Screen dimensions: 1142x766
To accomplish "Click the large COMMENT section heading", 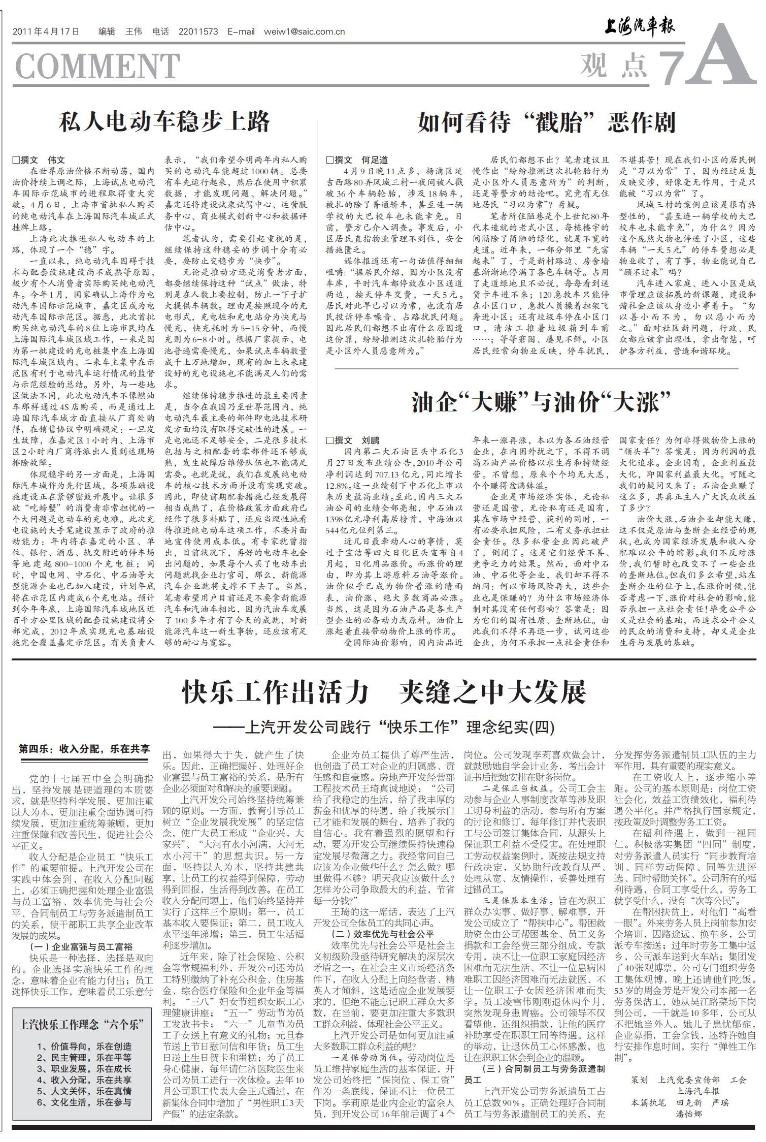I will pyautogui.click(x=97, y=66).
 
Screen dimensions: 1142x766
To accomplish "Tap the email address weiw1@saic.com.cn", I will pyautogui.click(x=304, y=31).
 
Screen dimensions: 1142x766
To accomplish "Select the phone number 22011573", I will pyautogui.click(x=198, y=31).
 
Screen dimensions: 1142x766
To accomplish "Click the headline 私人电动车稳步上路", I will pyautogui.click(x=164, y=122).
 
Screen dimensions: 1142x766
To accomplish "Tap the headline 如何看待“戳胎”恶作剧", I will pyautogui.click(x=546, y=122).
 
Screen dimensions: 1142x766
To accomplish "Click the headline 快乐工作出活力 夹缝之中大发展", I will pyautogui.click(x=384, y=692).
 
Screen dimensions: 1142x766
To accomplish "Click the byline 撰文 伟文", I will pyautogui.click(x=40, y=160).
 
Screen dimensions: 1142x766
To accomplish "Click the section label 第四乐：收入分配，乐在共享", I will pyautogui.click(x=84, y=749).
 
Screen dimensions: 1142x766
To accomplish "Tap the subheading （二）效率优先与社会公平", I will pyautogui.click(x=382, y=934).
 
